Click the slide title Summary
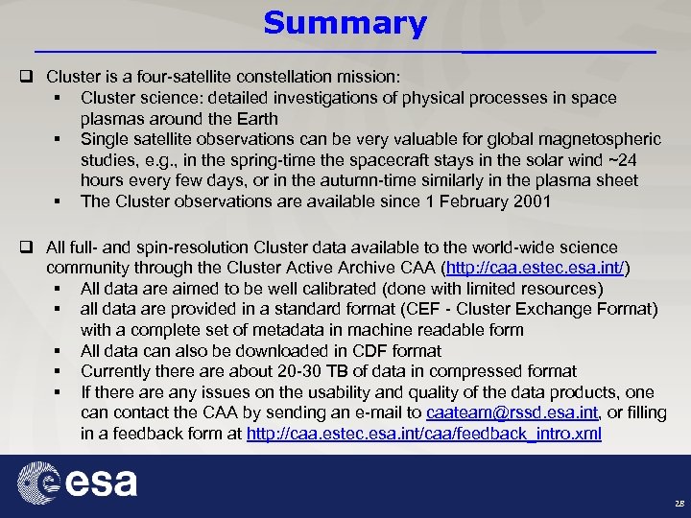click(x=345, y=23)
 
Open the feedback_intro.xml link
click(x=424, y=434)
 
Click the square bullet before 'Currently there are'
click(x=59, y=371)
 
